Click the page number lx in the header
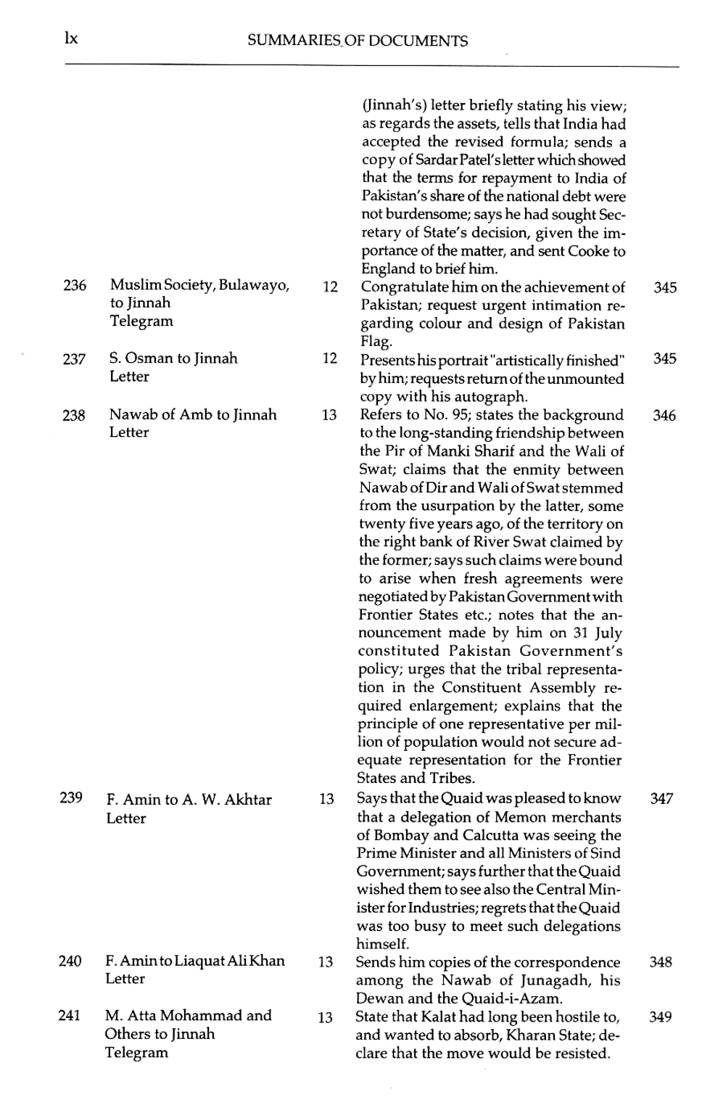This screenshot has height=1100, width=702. pos(70,38)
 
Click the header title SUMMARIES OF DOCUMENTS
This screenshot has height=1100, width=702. pos(357,41)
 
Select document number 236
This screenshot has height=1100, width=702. pos(75,286)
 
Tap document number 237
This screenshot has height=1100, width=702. pos(74,359)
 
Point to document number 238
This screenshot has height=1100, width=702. pos(74,416)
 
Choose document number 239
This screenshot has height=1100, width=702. pos(71,798)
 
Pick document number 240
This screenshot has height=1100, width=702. pos(70,961)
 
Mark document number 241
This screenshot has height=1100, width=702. pos(69,1016)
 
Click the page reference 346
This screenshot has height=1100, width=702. pos(664,416)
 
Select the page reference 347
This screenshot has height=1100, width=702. pos(661,799)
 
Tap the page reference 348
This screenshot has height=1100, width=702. pos(661,962)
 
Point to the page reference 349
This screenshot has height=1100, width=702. pos(661,1017)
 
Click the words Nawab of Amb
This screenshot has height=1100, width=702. pos(150,415)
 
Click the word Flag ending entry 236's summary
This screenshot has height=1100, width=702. pos(376,342)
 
